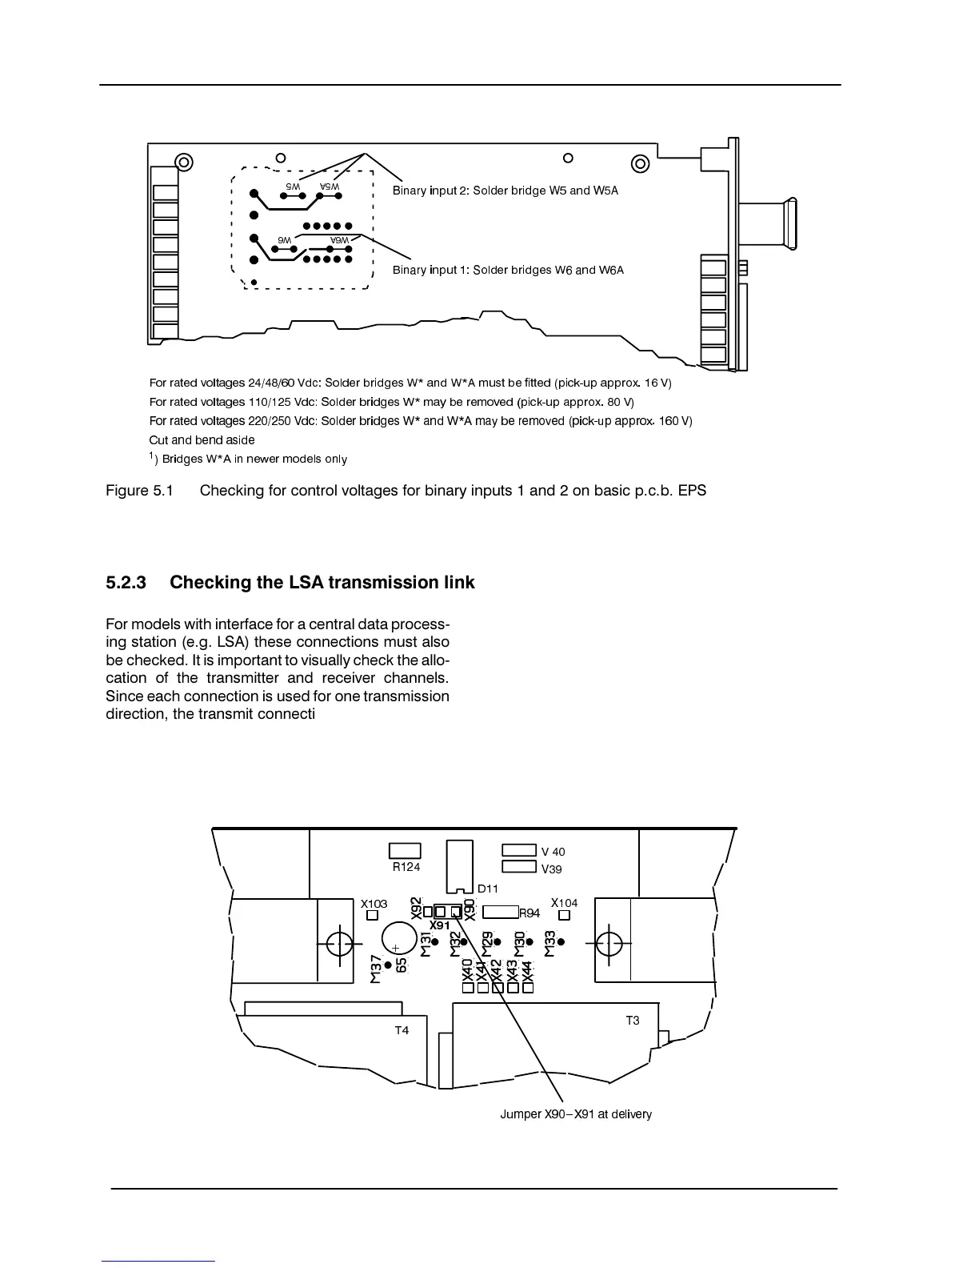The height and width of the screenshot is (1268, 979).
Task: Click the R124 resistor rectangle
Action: click(405, 850)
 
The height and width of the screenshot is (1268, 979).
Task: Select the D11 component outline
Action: click(460, 865)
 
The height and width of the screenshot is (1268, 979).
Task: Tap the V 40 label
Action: click(553, 852)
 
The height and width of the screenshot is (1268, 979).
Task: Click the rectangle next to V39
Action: click(518, 866)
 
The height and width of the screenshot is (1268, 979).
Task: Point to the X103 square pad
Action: click(372, 916)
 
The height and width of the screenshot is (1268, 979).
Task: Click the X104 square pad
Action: click(564, 915)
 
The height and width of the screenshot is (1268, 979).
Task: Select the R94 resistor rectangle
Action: click(501, 911)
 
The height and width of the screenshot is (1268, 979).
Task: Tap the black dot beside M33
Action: click(561, 942)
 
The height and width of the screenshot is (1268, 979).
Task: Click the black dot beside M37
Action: click(389, 965)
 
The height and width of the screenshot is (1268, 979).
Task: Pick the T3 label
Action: click(632, 1020)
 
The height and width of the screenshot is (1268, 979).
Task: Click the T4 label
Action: click(402, 1030)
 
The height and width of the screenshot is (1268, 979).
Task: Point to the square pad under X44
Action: click(527, 988)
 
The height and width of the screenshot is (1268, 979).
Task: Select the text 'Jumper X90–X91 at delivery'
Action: click(575, 1114)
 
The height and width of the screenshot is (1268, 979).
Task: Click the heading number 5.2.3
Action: click(126, 582)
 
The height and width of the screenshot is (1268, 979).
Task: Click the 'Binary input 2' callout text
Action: click(505, 191)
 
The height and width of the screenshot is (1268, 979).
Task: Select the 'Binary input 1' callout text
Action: click(508, 270)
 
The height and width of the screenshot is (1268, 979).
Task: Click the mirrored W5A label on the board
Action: click(330, 186)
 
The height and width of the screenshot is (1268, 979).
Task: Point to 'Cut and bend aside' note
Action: click(202, 439)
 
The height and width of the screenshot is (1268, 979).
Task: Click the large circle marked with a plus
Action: click(397, 938)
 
